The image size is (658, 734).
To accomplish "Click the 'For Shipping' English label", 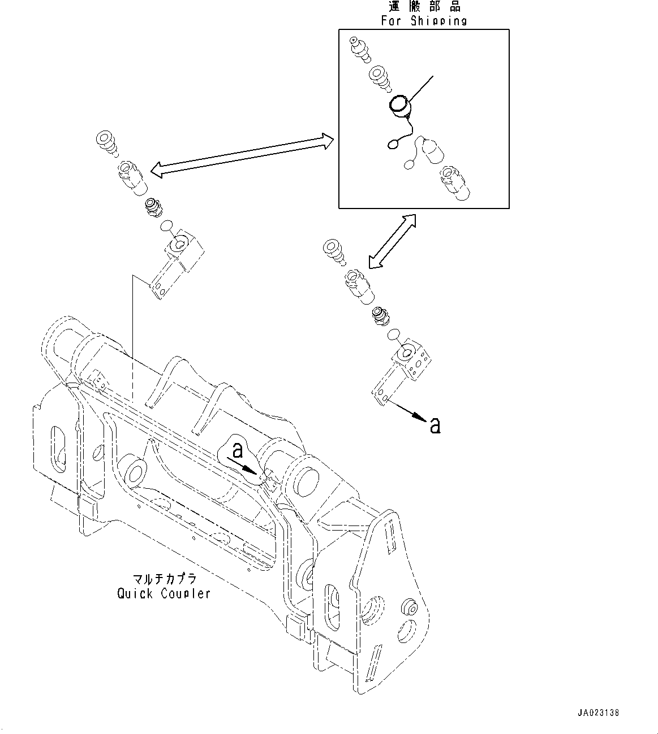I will (x=424, y=21).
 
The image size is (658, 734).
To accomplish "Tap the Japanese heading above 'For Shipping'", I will (x=424, y=7).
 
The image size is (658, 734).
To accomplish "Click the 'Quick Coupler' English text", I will (x=164, y=594).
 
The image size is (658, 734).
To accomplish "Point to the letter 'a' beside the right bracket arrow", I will (x=435, y=425).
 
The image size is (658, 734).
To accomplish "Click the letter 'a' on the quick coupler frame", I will (x=238, y=450).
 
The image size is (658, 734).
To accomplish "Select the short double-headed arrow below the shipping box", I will (x=391, y=241).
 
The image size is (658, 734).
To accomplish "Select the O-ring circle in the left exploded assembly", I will (x=166, y=227).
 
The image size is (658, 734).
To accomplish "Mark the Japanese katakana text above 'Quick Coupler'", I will (x=164, y=580).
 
